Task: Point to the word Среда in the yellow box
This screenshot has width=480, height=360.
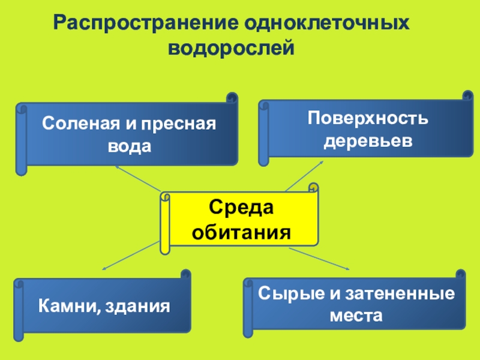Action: tap(241, 208)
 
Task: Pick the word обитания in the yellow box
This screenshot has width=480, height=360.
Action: tap(241, 231)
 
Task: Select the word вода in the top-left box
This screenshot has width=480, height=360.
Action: tap(128, 146)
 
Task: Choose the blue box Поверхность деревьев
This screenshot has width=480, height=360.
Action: tap(367, 129)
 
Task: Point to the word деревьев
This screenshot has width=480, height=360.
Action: tap(367, 140)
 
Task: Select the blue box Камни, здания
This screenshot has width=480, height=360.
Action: tap(103, 306)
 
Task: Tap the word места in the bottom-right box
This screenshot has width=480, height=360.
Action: tap(356, 315)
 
